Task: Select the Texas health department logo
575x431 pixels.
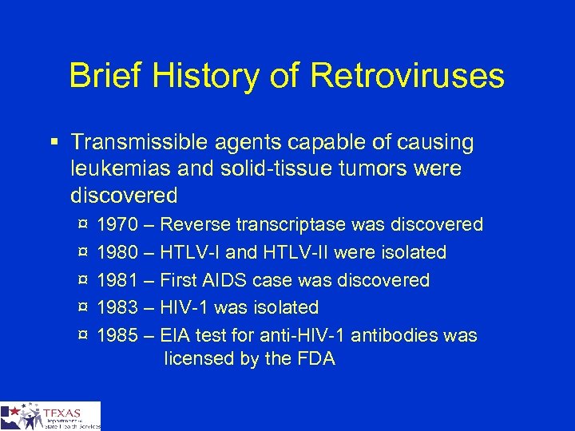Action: tap(50, 416)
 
